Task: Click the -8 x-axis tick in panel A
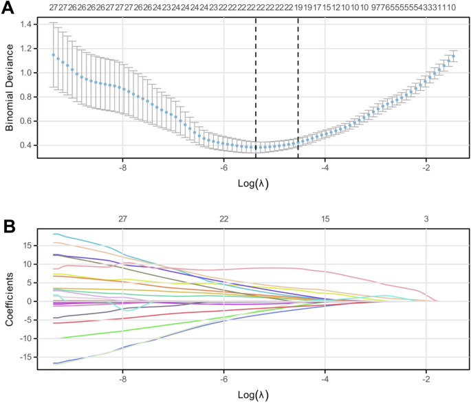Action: (122, 167)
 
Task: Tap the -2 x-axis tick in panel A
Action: (426, 167)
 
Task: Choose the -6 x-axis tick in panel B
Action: (223, 378)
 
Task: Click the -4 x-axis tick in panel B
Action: (325, 378)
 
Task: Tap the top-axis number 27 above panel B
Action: (122, 219)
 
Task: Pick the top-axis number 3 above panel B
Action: (426, 219)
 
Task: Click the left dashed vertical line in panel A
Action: (256, 83)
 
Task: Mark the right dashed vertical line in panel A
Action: (298, 83)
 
